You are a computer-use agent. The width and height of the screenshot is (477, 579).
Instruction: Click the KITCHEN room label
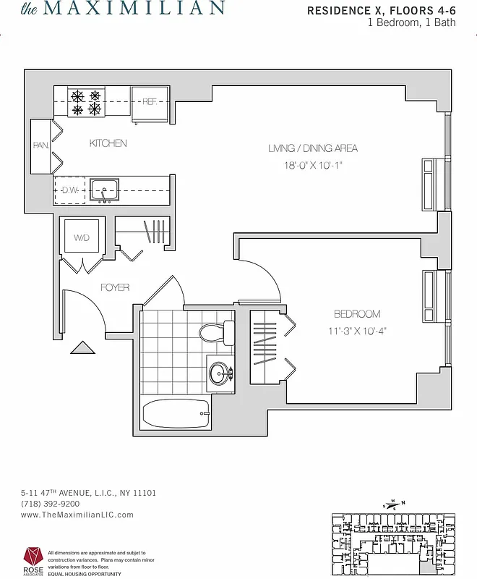pos(108,143)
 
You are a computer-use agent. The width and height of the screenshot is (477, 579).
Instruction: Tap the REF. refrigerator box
pos(150,102)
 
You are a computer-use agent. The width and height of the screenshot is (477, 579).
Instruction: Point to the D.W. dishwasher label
pos(69,191)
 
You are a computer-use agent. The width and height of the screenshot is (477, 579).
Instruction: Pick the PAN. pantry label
pos(40,145)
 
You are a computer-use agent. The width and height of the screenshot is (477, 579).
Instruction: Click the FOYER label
pos(115,287)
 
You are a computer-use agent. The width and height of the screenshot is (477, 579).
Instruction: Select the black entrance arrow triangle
pos(82,348)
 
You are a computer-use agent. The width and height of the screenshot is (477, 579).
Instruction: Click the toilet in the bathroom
pos(215,333)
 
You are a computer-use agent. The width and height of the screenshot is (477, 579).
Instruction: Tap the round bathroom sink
pos(219,374)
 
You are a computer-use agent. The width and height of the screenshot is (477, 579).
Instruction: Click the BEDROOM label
pos(357,314)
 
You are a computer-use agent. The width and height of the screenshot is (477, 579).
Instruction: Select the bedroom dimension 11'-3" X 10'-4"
pos(357,331)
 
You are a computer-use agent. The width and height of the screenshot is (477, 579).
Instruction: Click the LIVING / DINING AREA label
pos(313,148)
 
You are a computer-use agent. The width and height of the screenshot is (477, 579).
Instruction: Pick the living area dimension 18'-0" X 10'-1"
pos(313,165)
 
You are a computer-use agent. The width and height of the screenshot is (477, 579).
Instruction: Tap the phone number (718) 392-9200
pos(50,504)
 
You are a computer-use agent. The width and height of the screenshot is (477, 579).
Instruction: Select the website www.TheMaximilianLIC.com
pos(77,515)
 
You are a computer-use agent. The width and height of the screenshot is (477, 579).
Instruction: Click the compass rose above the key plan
pos(393,504)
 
